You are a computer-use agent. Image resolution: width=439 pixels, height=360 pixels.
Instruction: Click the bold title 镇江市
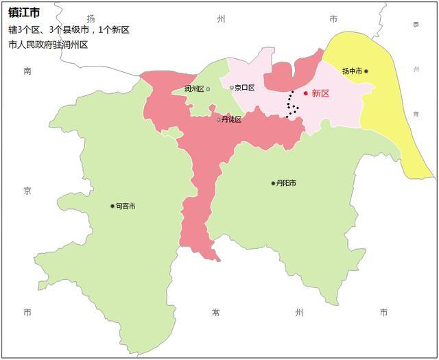tap(24, 12)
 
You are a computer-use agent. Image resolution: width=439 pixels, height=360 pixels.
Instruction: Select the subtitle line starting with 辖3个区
tap(69, 29)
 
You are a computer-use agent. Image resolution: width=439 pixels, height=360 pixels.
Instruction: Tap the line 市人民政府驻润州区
tap(58, 45)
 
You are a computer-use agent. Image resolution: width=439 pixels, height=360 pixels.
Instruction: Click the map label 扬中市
tap(352, 71)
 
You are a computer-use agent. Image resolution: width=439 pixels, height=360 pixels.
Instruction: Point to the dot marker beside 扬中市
tap(366, 71)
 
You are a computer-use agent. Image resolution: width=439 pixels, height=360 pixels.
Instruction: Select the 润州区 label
tap(194, 89)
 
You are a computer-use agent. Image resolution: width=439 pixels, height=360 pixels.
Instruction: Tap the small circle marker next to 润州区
tap(208, 88)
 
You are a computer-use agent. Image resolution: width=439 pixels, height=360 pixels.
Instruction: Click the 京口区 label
tap(244, 88)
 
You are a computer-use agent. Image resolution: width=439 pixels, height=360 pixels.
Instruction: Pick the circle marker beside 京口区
tap(231, 87)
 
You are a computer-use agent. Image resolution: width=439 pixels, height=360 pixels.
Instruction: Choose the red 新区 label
tap(320, 93)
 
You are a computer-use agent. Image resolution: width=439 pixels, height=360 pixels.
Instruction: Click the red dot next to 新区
tap(306, 93)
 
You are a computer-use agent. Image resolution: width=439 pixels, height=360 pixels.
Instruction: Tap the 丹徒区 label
tap(232, 120)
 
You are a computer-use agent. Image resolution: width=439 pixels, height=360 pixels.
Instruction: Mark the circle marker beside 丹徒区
tap(219, 119)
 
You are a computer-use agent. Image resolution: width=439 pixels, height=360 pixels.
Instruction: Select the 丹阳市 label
tap(286, 183)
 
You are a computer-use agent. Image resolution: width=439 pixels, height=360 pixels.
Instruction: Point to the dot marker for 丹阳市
tap(273, 183)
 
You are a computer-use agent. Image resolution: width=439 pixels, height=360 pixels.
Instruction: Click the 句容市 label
tap(126, 206)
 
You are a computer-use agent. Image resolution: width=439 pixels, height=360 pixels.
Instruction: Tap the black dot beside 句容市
tap(112, 206)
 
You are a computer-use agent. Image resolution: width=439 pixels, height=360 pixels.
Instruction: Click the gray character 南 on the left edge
tap(27, 71)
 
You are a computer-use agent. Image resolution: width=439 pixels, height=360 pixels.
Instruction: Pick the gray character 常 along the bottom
tap(216, 313)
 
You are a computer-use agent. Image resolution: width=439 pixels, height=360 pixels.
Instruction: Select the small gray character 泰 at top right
tap(416, 24)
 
